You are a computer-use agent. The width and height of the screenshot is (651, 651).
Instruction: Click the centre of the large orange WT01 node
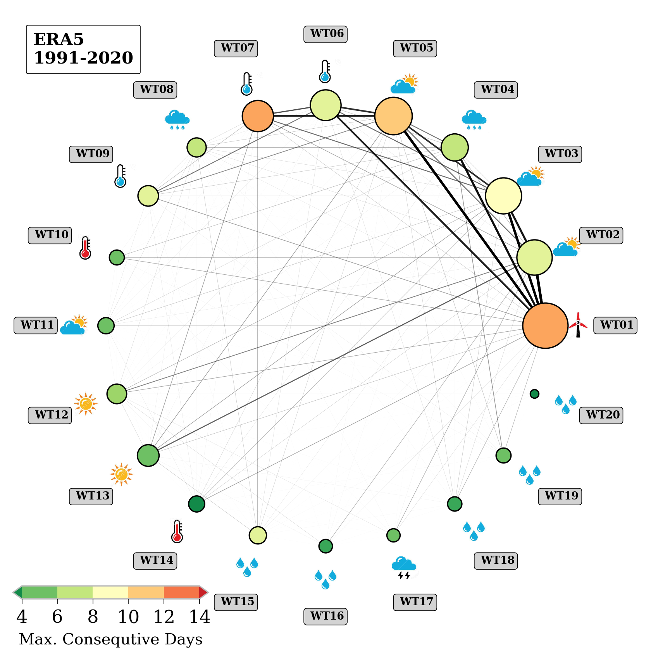pos(545,325)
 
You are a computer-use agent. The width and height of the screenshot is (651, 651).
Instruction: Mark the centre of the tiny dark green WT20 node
pos(534,394)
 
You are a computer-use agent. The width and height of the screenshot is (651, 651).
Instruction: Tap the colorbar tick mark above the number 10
pos(128,601)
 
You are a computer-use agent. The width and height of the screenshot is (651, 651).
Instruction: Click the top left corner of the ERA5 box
pos(26,26)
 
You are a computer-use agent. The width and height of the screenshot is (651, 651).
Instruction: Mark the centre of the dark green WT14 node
pos(196,504)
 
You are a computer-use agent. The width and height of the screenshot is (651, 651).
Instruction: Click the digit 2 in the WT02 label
pos(616,234)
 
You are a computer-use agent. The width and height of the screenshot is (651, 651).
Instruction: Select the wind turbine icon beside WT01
pos(578,325)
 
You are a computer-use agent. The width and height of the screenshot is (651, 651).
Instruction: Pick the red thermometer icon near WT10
pos(85,248)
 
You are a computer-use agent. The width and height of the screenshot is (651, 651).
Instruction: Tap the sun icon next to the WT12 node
pos(86,404)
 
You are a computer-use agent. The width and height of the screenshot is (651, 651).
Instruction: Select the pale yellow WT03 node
pos(503,196)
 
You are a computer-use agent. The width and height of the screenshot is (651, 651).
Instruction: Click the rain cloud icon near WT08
pos(177,119)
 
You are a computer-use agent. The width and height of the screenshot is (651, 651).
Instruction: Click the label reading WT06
pos(325,34)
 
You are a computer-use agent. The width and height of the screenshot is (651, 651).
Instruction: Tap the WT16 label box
pos(325,617)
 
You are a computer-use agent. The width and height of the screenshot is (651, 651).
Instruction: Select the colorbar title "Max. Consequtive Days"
pos(110,639)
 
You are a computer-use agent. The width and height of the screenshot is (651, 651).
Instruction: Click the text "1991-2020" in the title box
pos(83,58)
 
